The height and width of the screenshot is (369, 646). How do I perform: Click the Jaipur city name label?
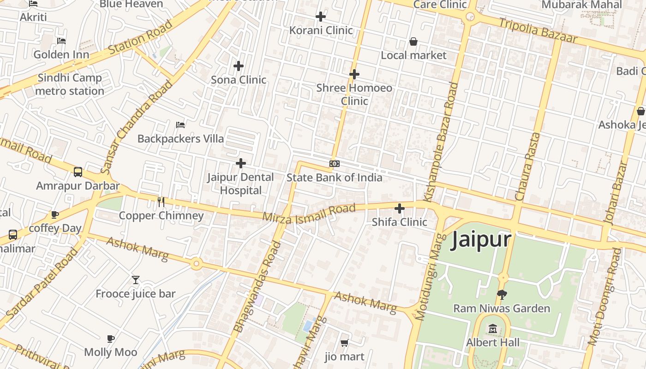(x=481, y=240)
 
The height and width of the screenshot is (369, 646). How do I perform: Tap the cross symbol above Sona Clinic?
(x=239, y=66)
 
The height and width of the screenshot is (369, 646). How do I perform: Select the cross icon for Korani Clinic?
(x=321, y=17)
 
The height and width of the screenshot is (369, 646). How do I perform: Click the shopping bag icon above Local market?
(x=413, y=42)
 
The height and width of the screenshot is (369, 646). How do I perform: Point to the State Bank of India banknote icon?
(x=335, y=164)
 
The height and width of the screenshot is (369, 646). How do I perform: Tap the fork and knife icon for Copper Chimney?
(x=161, y=202)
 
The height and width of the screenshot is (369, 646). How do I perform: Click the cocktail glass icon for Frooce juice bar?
(x=136, y=280)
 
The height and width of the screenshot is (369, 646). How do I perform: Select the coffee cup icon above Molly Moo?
(x=111, y=339)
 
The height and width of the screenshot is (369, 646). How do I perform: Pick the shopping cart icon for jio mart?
(x=344, y=343)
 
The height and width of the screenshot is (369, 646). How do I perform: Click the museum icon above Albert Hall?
(x=493, y=329)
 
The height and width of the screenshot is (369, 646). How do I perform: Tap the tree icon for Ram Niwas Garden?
(x=502, y=294)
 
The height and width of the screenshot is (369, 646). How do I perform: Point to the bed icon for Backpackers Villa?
(x=180, y=125)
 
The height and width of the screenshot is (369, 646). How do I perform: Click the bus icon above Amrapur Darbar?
(x=78, y=172)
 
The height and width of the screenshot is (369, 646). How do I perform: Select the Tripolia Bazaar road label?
(x=538, y=30)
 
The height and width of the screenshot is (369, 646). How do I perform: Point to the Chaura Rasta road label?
(x=527, y=166)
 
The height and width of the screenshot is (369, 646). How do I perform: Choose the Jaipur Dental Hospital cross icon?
(x=241, y=163)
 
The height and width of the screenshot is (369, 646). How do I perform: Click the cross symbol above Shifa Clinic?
(x=400, y=208)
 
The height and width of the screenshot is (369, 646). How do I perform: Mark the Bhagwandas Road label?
(x=257, y=286)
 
